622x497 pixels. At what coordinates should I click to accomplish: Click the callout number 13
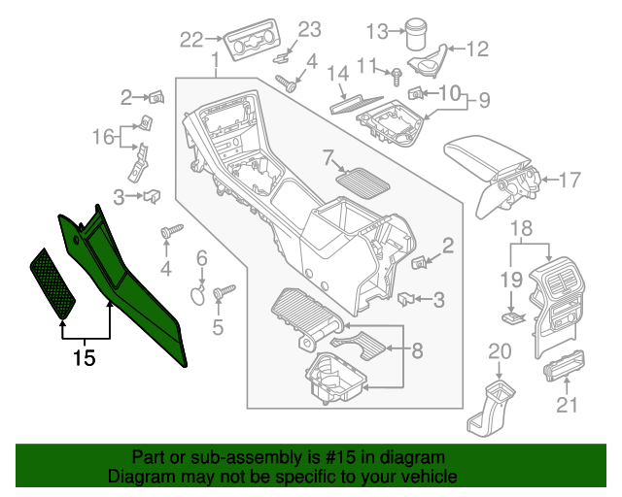coord(376,32)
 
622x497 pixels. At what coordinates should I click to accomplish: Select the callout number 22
coord(191,39)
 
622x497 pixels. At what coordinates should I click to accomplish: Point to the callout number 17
coord(569,179)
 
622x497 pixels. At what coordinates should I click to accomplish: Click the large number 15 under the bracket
coord(85,358)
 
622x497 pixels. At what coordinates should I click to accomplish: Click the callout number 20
coord(499,350)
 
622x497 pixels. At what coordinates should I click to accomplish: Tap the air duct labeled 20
coord(493,408)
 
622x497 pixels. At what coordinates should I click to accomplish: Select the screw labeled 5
coord(225,290)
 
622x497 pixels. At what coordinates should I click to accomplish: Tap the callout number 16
coord(103,137)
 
